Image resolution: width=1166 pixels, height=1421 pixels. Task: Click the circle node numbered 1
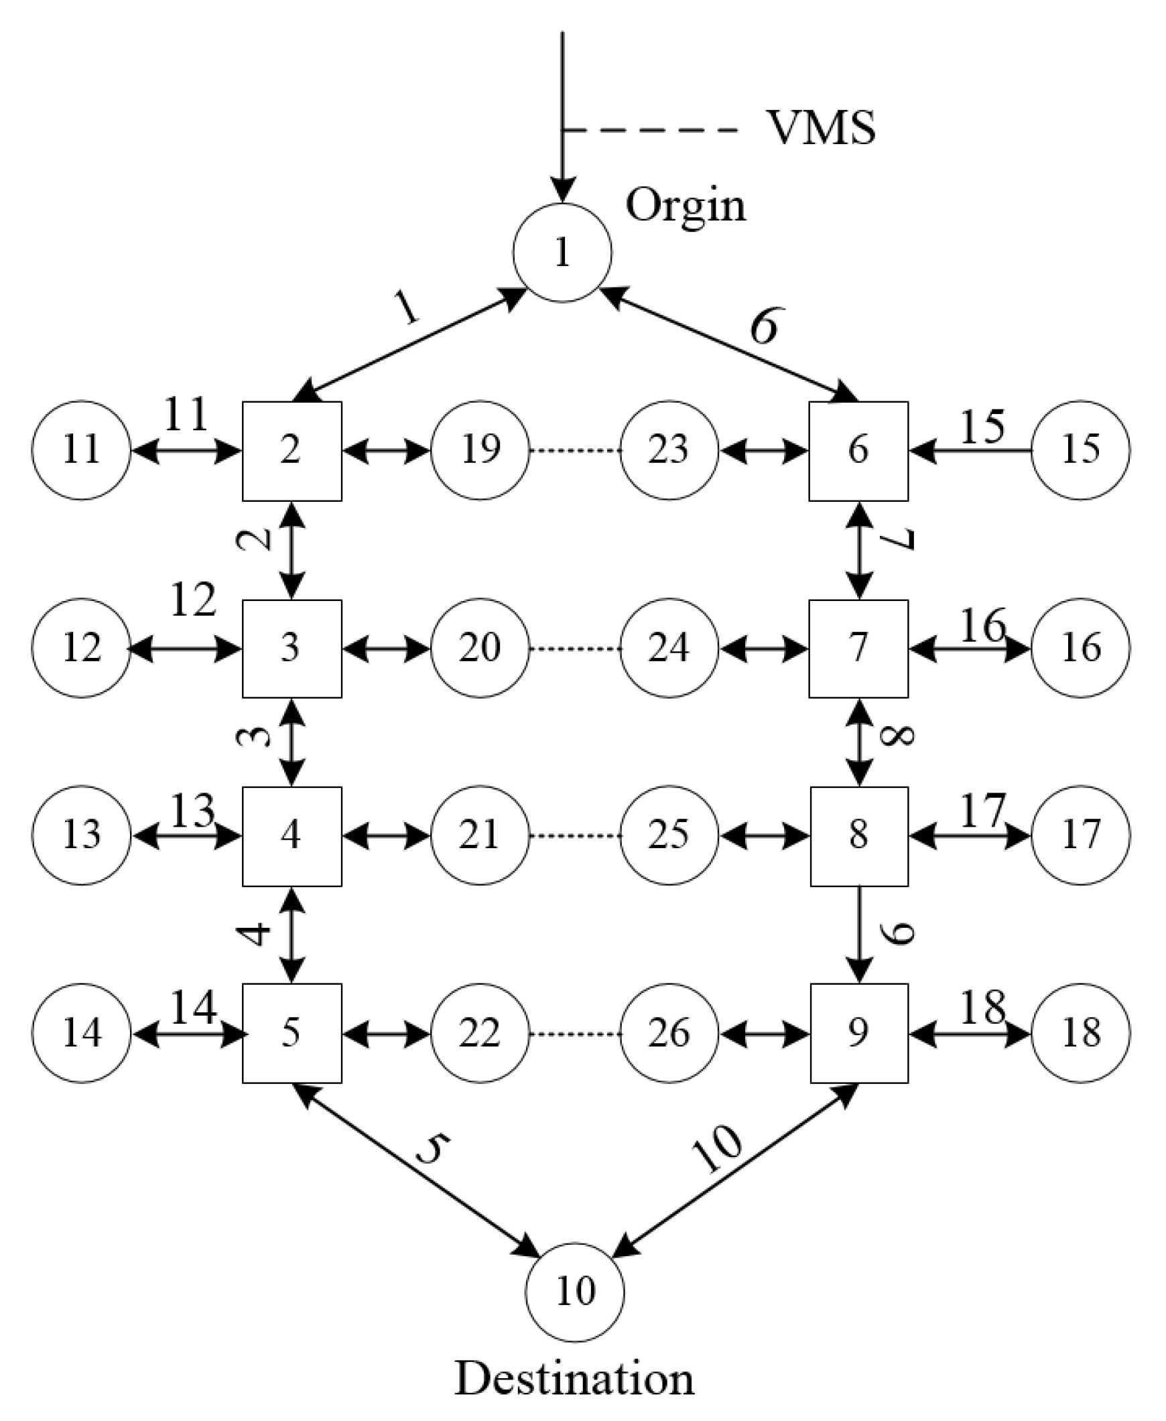[562, 253]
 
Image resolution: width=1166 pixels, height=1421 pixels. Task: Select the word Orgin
[686, 206]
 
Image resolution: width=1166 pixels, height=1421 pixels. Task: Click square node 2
[291, 451]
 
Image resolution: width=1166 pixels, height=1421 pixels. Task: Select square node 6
[858, 451]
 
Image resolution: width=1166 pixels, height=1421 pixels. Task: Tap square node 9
[859, 1033]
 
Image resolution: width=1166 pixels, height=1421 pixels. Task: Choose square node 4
[291, 835]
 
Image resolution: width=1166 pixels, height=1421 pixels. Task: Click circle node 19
[480, 450]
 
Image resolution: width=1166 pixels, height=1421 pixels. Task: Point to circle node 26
[669, 1033]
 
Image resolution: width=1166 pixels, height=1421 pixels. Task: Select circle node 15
[1080, 450]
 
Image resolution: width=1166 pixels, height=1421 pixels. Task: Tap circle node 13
[82, 835]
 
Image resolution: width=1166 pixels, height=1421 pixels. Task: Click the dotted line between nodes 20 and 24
[574, 649]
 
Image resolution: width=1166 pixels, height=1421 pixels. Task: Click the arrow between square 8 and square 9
[860, 933]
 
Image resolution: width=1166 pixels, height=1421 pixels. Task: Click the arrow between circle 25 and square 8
[765, 836]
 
